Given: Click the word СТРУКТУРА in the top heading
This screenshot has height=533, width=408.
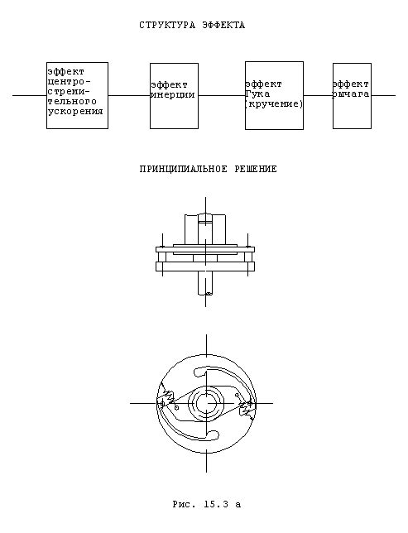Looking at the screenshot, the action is click(x=167, y=26).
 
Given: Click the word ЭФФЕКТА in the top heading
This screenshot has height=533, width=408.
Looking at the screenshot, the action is click(x=223, y=26).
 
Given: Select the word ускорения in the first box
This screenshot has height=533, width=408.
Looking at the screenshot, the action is click(x=75, y=112).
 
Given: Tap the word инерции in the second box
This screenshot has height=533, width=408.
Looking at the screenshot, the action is click(x=173, y=95).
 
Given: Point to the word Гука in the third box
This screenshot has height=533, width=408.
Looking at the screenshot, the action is click(x=257, y=94).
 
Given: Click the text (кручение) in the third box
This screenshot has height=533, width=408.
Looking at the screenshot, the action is click(x=274, y=103).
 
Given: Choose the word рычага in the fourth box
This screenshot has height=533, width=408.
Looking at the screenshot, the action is click(x=350, y=94).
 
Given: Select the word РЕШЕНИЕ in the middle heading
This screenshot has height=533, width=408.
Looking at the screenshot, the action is click(x=256, y=169).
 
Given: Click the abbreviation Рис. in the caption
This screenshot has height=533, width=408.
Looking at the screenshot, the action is click(x=185, y=504).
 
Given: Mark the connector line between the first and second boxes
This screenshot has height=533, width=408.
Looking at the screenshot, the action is click(x=129, y=95).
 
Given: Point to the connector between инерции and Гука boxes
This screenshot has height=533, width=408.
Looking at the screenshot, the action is click(x=222, y=95).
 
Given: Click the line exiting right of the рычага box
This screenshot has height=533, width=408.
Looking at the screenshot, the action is click(x=383, y=95).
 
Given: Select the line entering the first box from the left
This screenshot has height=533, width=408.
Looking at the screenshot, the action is click(x=30, y=95).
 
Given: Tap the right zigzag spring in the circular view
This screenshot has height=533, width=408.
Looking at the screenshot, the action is click(x=246, y=409).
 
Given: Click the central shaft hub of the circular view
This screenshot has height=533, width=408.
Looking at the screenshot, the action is click(x=206, y=404).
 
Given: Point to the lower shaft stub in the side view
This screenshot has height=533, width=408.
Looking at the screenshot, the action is click(x=206, y=283).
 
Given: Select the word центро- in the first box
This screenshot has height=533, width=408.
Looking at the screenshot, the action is click(x=70, y=82).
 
